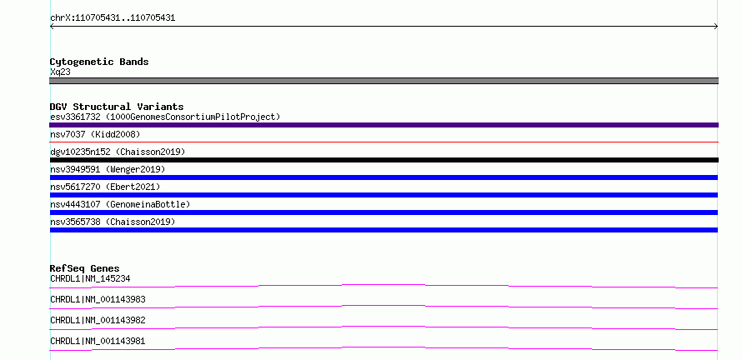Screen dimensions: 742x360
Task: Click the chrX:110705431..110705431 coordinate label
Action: click(x=113, y=18)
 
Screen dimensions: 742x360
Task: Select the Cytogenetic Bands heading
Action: click(x=99, y=62)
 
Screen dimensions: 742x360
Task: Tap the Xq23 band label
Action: click(x=61, y=72)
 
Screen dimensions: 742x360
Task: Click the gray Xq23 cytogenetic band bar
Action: click(x=384, y=81)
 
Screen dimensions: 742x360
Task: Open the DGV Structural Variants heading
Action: click(x=117, y=107)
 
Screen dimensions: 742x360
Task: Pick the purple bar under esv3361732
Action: click(x=384, y=125)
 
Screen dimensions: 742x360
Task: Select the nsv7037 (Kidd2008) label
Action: click(x=95, y=134)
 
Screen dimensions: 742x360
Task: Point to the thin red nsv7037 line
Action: click(x=384, y=142)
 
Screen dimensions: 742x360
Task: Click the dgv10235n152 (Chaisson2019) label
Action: click(x=118, y=152)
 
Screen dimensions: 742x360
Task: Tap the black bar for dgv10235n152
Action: click(x=384, y=160)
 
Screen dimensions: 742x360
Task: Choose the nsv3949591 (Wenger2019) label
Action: click(x=108, y=169)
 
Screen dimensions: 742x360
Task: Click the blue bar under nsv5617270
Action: click(x=384, y=195)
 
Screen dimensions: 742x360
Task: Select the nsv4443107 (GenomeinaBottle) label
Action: click(x=120, y=204)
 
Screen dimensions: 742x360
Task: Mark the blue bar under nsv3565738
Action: click(x=384, y=230)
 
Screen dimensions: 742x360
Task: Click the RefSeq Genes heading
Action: click(x=85, y=268)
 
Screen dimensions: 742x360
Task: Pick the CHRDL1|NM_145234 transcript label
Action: click(x=90, y=278)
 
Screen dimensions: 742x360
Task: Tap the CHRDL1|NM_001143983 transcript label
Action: click(x=98, y=299)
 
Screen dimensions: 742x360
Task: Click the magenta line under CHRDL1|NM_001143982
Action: click(x=384, y=327)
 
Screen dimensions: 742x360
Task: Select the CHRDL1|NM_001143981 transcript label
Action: click(x=98, y=341)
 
